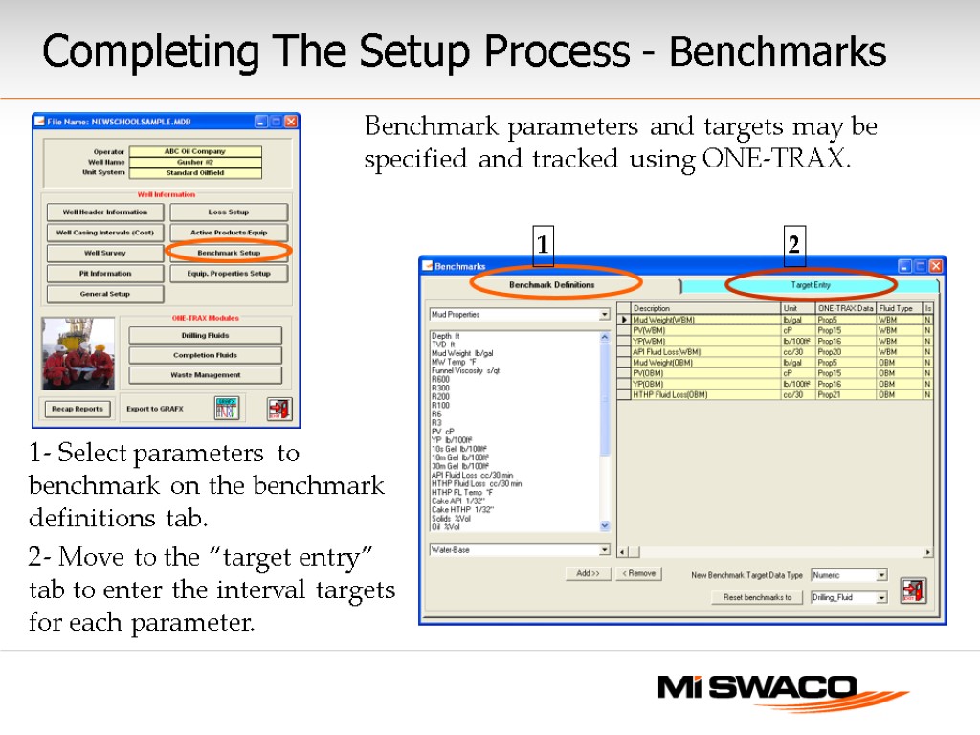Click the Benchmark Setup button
pyautogui.click(x=229, y=253)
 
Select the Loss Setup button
pyautogui.click(x=229, y=212)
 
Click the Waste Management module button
pyautogui.click(x=205, y=375)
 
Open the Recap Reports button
pyautogui.click(x=77, y=409)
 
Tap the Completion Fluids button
pyautogui.click(x=205, y=355)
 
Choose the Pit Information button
pyautogui.click(x=105, y=274)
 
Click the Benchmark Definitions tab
pyautogui.click(x=551, y=285)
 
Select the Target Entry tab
pyautogui.click(x=811, y=285)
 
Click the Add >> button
pyautogui.click(x=588, y=573)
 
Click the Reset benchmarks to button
pyautogui.click(x=756, y=597)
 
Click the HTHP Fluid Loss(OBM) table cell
pyautogui.click(x=705, y=394)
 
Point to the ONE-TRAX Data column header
pyautogui.click(x=845, y=308)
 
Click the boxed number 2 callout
pyautogui.click(x=793, y=245)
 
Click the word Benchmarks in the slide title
pyautogui.click(x=777, y=53)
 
